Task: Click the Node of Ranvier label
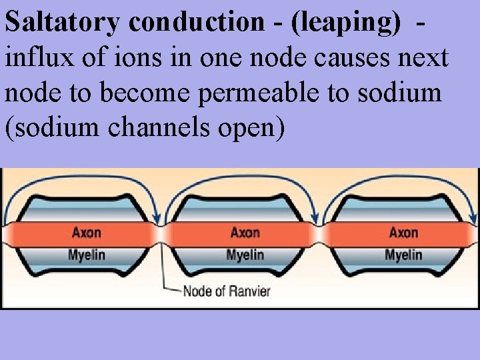pos(226,291)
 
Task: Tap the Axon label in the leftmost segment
pos(87,233)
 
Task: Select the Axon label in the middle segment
pos(245,233)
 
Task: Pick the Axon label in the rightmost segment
pos(403,233)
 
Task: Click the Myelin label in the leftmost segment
pos(87,255)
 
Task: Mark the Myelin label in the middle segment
pos(245,255)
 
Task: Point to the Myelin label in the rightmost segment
pos(403,255)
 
